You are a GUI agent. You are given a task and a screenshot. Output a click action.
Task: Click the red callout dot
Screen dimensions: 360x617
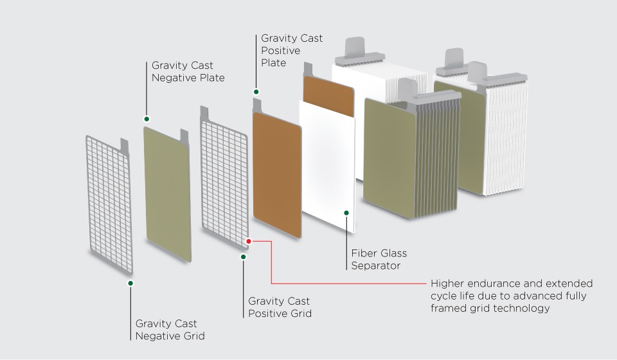point(249,241)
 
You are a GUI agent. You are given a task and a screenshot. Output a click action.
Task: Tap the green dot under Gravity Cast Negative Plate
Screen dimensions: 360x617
point(147,119)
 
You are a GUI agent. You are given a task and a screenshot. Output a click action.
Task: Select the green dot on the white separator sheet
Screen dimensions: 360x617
point(346,212)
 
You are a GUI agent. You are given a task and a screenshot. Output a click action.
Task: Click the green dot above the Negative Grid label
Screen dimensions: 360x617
point(130,283)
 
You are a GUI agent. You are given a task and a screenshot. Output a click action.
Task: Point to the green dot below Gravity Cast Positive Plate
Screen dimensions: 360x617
point(256,91)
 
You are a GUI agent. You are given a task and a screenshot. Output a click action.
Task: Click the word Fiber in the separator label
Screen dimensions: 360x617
point(363,253)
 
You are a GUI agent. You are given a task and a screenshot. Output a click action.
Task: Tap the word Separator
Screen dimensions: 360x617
point(376,265)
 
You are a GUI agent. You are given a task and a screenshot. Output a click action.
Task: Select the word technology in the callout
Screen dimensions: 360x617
point(519,308)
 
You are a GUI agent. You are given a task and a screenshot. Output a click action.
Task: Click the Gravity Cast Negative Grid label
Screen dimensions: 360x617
point(166,329)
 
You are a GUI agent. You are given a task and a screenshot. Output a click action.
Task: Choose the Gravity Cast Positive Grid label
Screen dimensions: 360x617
point(280,307)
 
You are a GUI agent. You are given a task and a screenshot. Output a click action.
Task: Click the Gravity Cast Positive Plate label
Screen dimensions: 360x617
point(291,51)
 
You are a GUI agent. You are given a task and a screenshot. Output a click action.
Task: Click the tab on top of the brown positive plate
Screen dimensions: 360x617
point(258,104)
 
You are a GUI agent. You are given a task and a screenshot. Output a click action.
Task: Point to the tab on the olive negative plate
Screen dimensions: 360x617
point(184,135)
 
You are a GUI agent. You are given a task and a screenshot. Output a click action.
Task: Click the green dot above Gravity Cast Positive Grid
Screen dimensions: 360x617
point(243,256)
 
